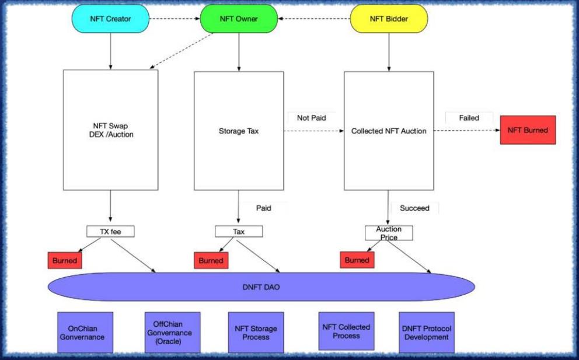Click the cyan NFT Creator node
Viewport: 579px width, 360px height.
[110, 19]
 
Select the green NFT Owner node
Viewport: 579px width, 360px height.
[239, 19]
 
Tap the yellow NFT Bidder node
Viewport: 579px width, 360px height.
[389, 19]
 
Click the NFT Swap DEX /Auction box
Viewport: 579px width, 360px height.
[110, 131]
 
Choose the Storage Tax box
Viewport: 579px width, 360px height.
[238, 131]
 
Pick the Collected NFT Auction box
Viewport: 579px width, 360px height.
[389, 131]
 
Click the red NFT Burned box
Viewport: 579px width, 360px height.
[528, 130]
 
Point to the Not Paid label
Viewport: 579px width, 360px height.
[311, 117]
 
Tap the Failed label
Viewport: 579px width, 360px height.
[469, 118]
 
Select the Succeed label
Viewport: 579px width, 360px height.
[414, 208]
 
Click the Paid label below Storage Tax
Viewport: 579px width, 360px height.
[263, 207]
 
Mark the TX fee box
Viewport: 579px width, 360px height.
[110, 232]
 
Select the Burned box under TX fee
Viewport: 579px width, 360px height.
[65, 260]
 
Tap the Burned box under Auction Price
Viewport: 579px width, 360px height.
[357, 260]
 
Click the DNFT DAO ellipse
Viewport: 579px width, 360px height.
[261, 286]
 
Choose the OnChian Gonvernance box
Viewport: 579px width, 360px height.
[86, 333]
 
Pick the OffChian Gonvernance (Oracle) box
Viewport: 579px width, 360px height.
[172, 333]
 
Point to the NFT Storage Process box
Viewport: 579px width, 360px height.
[256, 333]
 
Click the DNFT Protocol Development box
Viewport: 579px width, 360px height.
[426, 333]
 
